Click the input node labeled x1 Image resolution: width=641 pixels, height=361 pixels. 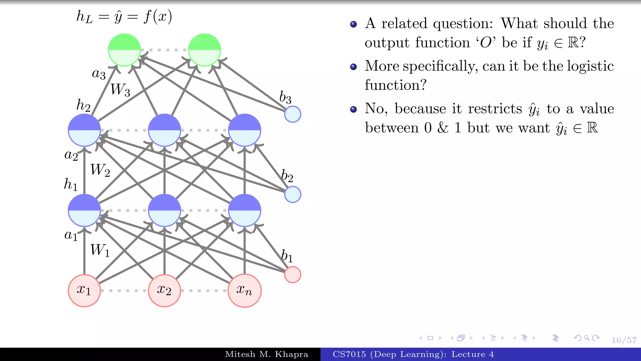point(84,290)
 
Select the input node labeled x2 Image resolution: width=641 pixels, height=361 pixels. point(164,290)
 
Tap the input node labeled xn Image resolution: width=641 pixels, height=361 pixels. point(244,290)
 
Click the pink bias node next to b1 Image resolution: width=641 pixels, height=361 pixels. point(293,275)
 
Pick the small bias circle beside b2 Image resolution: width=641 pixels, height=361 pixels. point(293,194)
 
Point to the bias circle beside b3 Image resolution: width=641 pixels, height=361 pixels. point(293,114)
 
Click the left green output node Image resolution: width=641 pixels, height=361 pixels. point(124,50)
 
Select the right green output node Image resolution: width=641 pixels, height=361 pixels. point(204,50)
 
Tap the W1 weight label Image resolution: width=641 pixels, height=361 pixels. point(100,250)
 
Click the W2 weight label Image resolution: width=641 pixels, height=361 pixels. point(100,170)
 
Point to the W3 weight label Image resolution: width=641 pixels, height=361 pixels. point(120,90)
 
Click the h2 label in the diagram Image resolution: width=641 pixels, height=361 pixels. point(83,105)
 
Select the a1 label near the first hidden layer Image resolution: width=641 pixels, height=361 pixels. point(71,235)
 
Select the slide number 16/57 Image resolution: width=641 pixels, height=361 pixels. point(624,340)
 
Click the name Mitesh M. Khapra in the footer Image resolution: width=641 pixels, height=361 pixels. point(267,354)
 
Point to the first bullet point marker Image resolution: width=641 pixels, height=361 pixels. point(353,24)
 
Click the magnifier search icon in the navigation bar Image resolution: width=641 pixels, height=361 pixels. point(587,338)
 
